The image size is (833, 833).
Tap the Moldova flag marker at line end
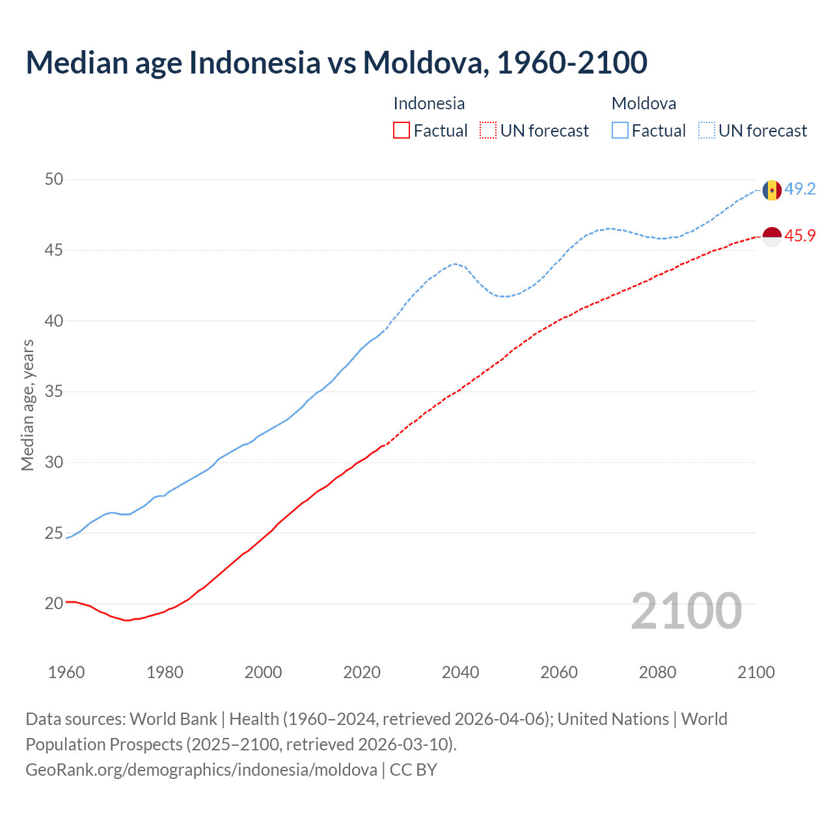772,190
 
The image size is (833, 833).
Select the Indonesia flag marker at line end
772,237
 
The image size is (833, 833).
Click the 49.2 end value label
800,189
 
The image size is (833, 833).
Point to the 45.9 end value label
800,236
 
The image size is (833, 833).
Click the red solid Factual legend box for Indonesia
402,131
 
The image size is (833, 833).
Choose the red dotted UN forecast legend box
488,131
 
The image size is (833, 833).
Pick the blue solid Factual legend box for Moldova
620,131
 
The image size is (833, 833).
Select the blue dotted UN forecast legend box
707,131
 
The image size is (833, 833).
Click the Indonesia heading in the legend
429,103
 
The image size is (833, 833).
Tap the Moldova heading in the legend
644,103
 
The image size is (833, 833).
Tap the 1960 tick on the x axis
66,672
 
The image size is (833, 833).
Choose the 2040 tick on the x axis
460,672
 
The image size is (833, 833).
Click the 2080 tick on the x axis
657,672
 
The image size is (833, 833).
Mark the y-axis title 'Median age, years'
27,405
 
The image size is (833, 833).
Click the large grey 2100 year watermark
686,611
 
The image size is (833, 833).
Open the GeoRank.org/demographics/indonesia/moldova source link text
201,770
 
